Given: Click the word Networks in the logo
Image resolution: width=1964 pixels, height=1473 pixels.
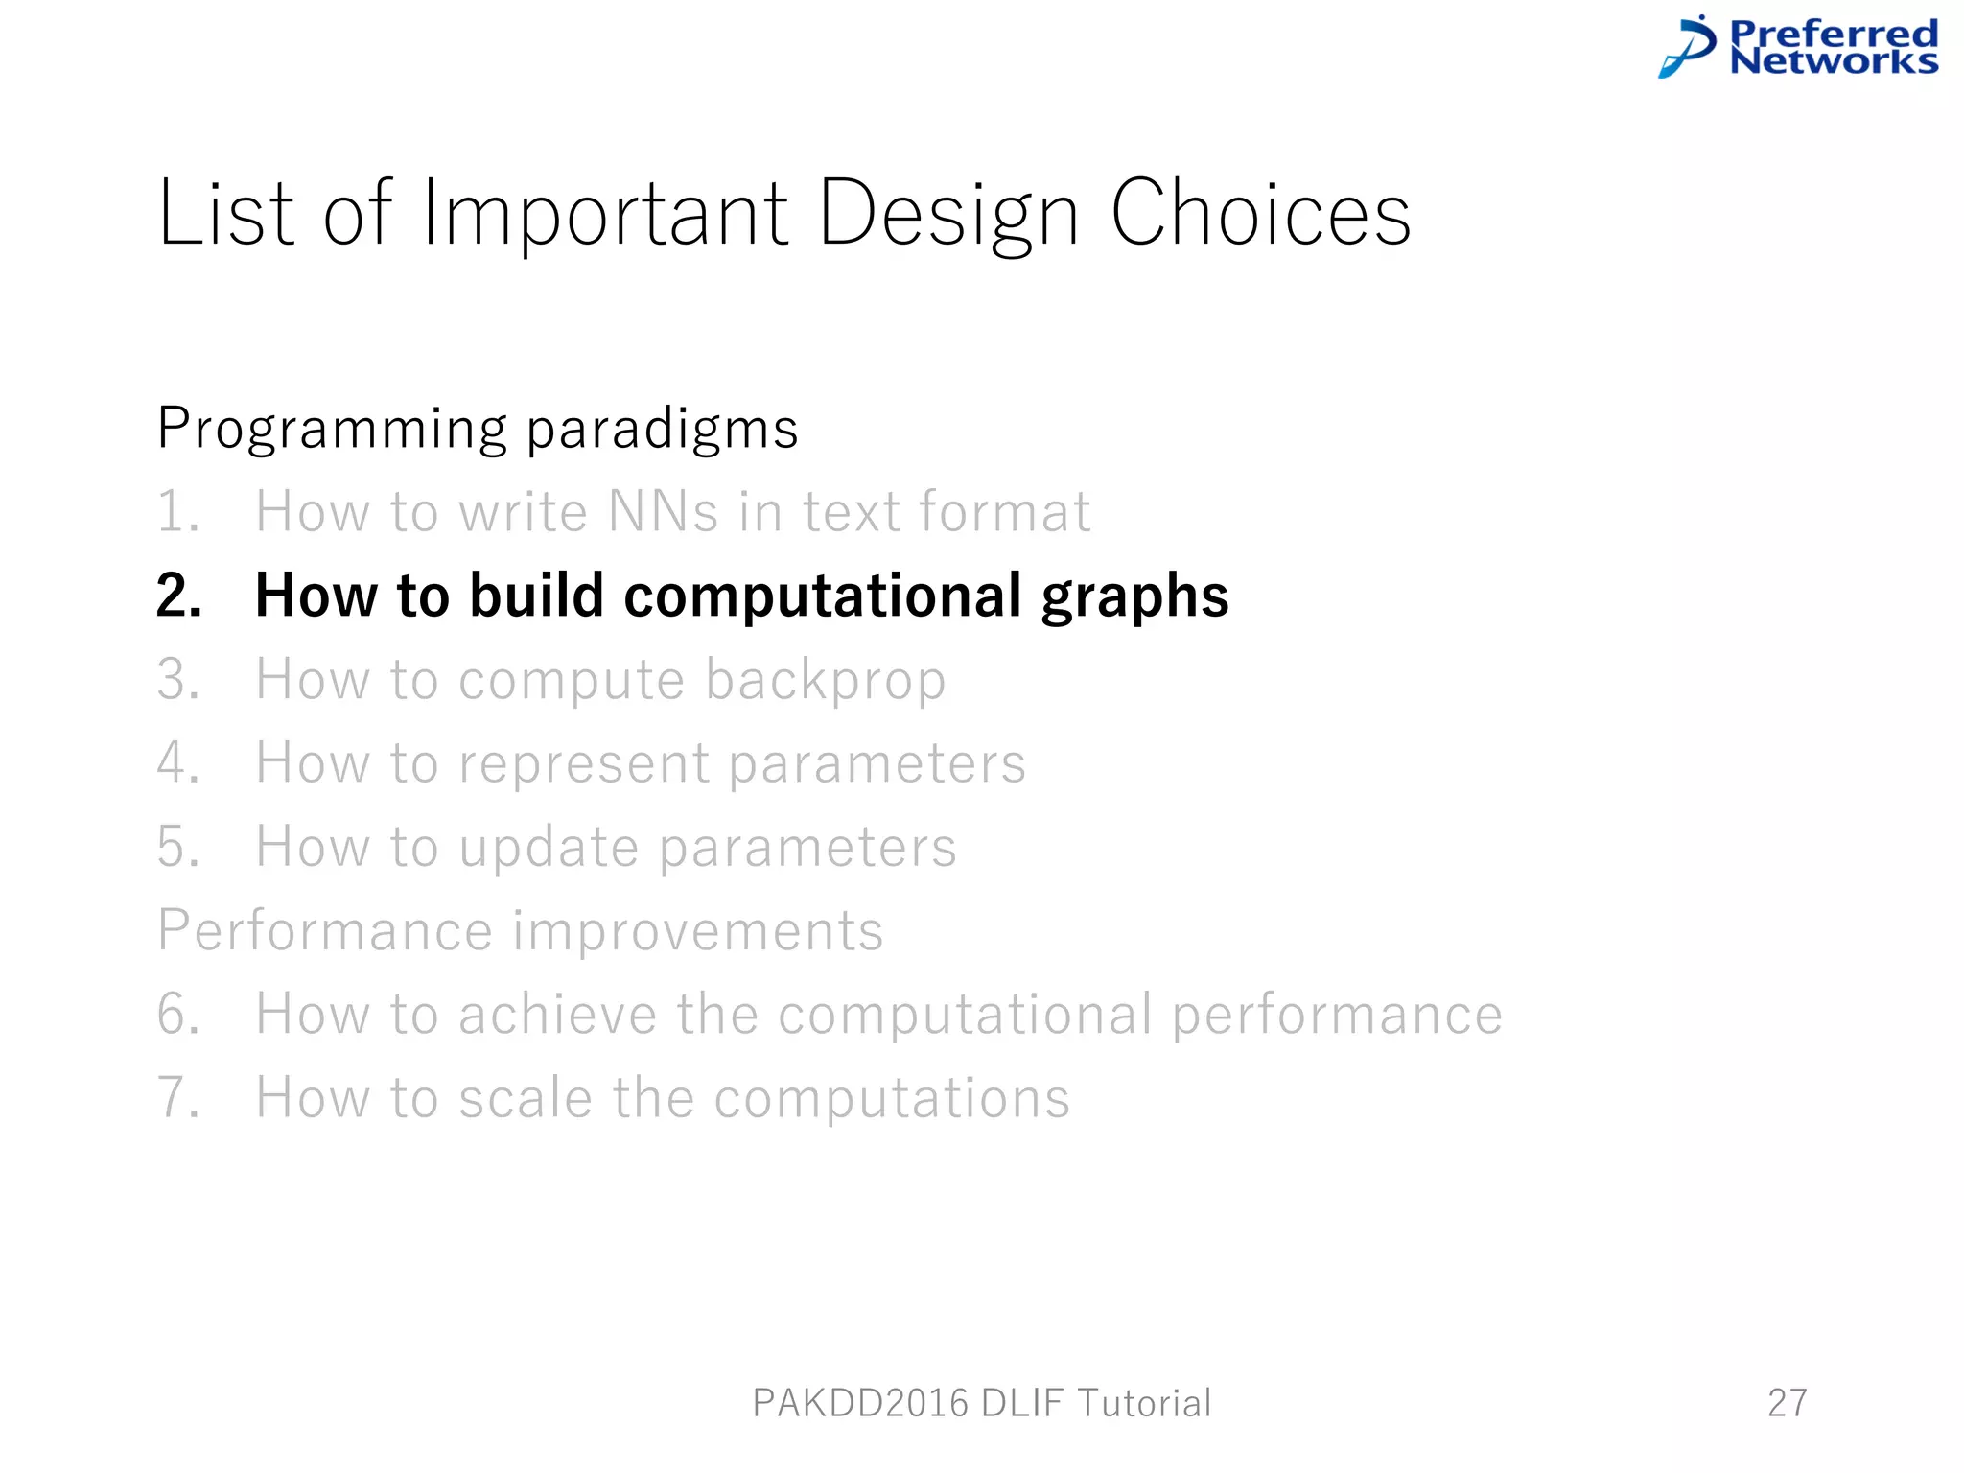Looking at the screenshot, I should (x=1834, y=62).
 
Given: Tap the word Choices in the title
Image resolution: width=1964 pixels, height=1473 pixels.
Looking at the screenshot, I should (x=1260, y=213).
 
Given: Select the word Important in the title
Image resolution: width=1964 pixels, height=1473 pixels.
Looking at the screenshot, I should (x=605, y=213).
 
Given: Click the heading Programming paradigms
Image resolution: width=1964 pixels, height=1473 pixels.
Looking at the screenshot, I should (x=478, y=428).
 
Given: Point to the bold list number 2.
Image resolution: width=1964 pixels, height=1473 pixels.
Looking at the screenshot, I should (x=178, y=596).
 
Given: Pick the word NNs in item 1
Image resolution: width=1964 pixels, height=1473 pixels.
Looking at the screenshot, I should (x=663, y=511).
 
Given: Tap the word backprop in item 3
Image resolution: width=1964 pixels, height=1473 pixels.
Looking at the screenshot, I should (x=826, y=681).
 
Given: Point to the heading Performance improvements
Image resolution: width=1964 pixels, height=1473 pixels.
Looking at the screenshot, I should (x=520, y=930).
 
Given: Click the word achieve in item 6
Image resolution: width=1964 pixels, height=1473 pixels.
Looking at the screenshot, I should (x=556, y=1014).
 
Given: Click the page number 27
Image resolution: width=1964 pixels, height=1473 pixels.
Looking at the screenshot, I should (x=1787, y=1403).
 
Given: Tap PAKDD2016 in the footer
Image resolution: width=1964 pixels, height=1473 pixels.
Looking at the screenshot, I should (x=860, y=1403).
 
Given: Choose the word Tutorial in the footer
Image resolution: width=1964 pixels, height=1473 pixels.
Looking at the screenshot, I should (x=1144, y=1403).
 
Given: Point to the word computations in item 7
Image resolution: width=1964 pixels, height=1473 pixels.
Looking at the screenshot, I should (x=892, y=1099).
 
